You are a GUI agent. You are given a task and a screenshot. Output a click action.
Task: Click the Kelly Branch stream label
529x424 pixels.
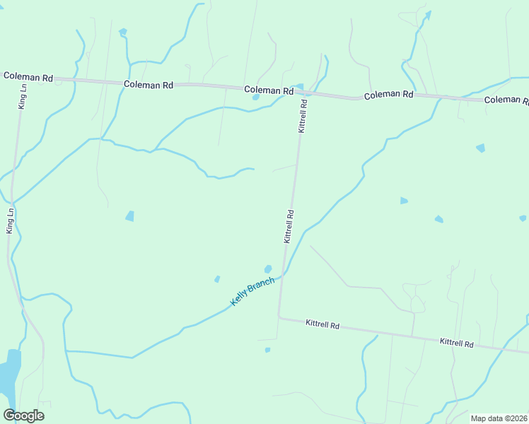click(x=252, y=292)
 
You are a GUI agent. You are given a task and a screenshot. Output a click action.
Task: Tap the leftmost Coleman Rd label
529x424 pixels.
click(x=28, y=76)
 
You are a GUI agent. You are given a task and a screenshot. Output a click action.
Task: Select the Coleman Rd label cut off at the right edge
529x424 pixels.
click(x=506, y=100)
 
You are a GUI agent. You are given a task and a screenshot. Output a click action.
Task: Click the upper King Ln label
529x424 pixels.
click(x=23, y=96)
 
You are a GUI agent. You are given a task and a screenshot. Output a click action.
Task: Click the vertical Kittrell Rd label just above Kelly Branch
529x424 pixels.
click(x=289, y=226)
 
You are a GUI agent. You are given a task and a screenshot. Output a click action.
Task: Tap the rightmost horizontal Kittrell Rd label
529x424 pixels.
click(x=456, y=342)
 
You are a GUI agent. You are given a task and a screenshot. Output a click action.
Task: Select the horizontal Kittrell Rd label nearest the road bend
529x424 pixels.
click(x=322, y=325)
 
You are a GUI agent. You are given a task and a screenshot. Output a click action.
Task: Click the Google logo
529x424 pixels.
click(x=23, y=416)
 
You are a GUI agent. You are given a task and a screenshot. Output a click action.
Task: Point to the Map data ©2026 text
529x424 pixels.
click(x=499, y=418)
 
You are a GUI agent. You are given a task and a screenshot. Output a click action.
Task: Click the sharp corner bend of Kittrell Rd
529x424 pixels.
click(x=279, y=317)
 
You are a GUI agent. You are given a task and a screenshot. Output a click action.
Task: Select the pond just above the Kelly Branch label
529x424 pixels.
click(x=268, y=269)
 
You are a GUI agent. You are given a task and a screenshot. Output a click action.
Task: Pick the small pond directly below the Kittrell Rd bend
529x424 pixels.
click(x=267, y=349)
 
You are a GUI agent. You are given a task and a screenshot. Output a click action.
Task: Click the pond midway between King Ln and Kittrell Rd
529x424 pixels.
click(x=130, y=216)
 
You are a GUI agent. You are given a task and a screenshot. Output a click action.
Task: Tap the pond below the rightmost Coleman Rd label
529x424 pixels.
click(x=481, y=148)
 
